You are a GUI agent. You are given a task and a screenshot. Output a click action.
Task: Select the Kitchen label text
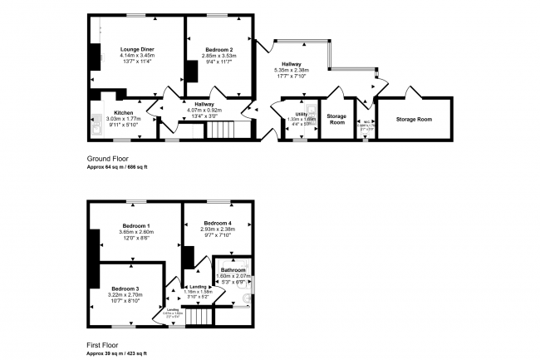[x=124, y=112]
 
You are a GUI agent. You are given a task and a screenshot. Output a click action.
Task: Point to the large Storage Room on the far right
[x=414, y=120]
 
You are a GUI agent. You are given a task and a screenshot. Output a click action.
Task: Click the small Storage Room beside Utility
[x=336, y=120]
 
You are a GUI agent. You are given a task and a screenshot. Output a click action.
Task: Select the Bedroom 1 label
[x=136, y=227]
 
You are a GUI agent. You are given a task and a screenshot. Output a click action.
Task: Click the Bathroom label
[x=233, y=270]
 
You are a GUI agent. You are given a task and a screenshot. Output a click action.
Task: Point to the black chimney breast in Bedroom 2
[x=193, y=72]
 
